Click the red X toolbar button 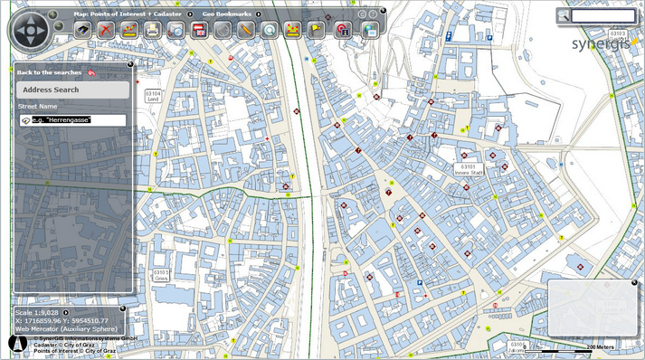(x=106, y=30)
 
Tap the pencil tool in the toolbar (x=246, y=30)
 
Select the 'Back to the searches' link (x=50, y=71)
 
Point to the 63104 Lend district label (x=153, y=95)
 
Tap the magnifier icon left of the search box (x=564, y=15)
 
